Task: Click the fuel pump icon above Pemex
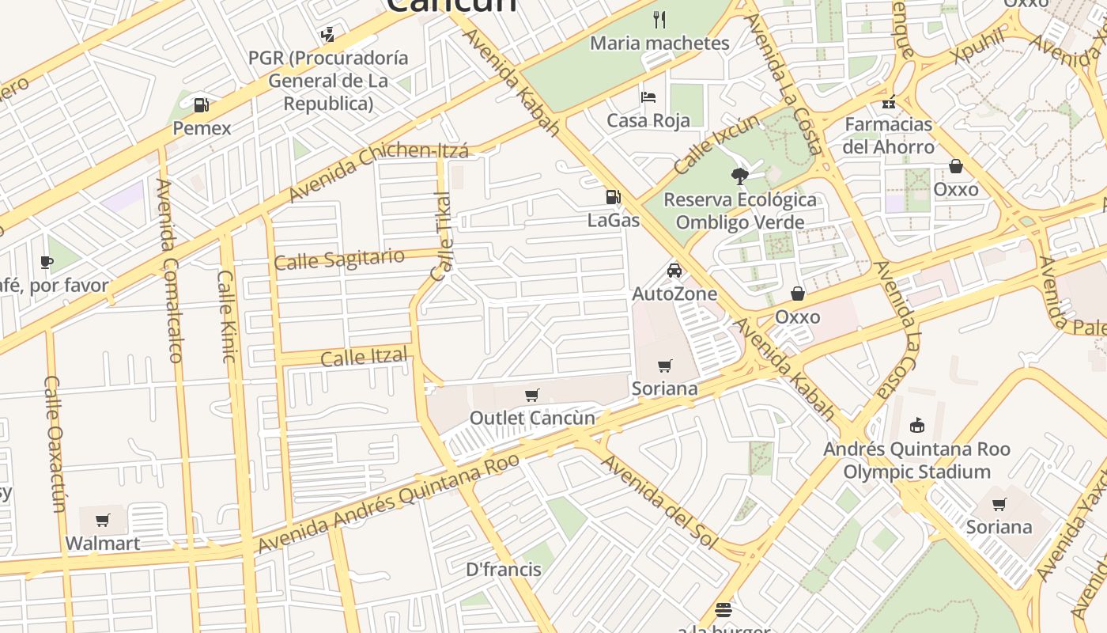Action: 202,104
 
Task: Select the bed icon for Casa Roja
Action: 648,97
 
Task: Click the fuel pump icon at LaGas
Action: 613,197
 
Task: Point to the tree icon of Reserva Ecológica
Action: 740,176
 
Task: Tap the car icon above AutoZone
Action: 674,271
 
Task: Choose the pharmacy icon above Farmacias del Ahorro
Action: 889,102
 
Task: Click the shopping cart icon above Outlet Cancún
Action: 532,395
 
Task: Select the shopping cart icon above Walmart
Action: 103,520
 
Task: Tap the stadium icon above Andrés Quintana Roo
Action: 917,426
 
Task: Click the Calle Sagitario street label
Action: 339,259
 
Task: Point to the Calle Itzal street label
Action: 365,357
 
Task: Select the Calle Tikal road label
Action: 442,236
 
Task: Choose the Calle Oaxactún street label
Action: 55,444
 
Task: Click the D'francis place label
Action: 504,569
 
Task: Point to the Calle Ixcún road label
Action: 716,145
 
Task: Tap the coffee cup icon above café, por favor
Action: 47,262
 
